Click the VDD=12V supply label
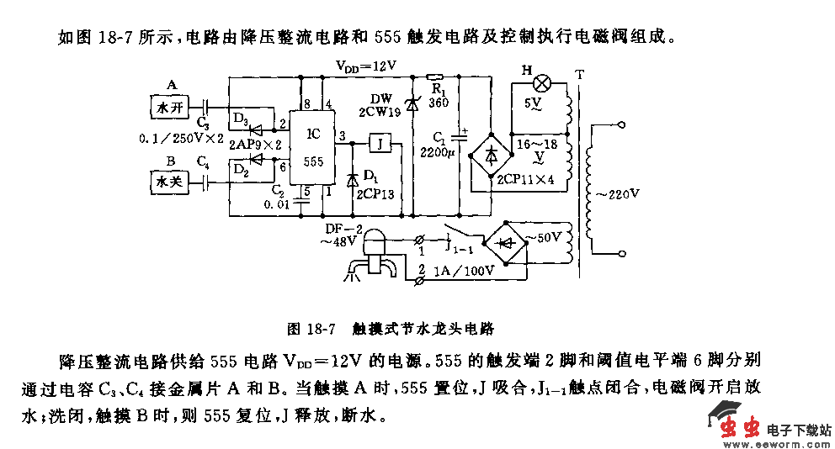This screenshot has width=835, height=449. [365, 65]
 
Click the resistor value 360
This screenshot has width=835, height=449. [438, 103]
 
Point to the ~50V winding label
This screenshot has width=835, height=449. [544, 236]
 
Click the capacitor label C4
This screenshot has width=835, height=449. [203, 160]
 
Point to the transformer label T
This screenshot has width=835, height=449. [578, 75]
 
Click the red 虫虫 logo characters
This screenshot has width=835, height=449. [739, 428]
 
